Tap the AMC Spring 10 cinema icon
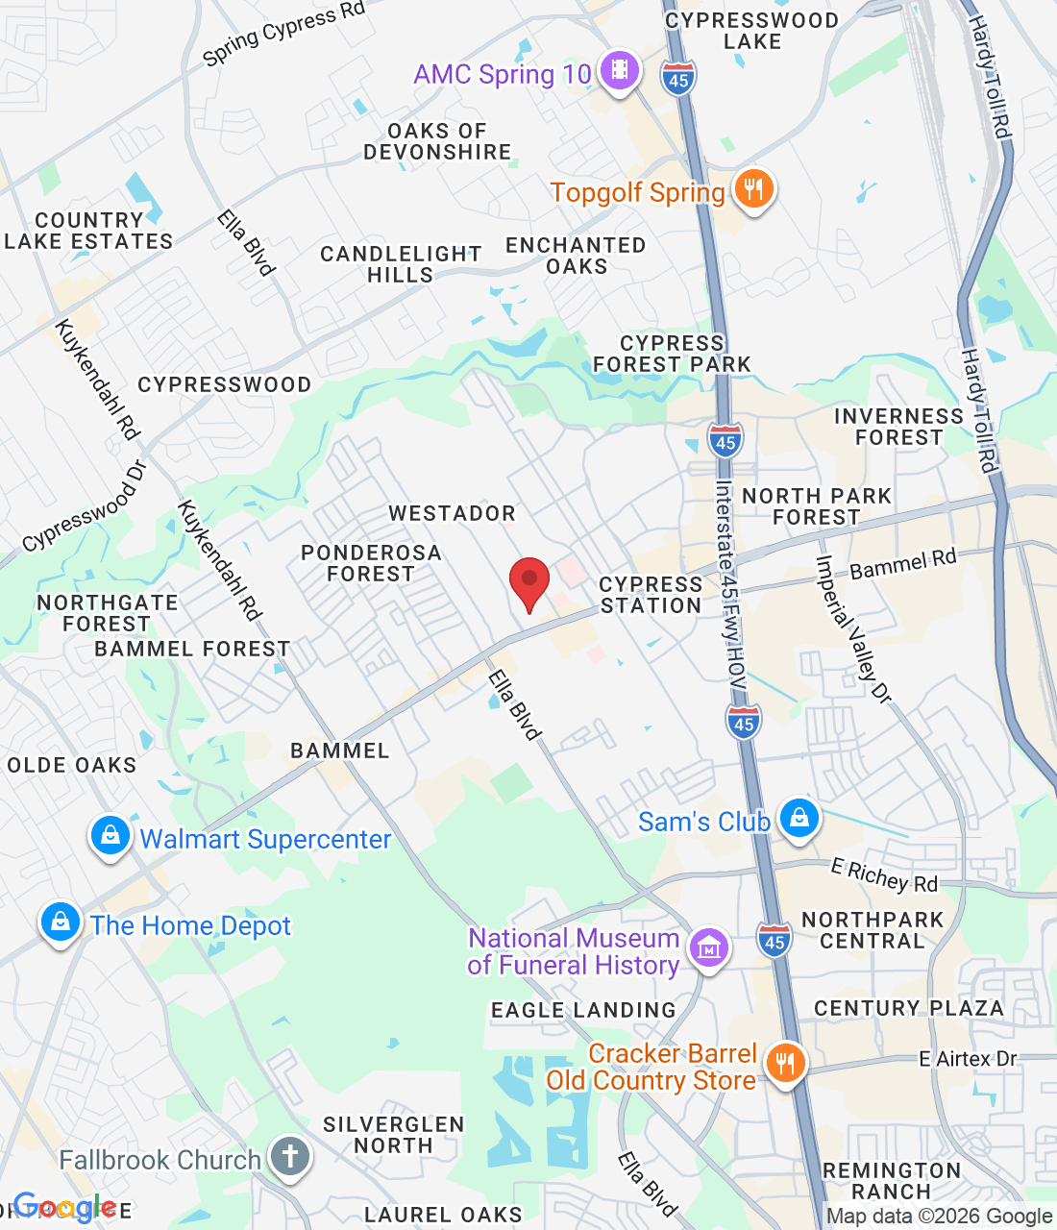tap(620, 70)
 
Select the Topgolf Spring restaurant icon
tap(753, 189)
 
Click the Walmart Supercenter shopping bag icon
tap(111, 836)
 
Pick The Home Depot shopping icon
tap(60, 922)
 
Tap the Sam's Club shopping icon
tap(799, 819)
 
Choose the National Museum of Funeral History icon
tap(709, 948)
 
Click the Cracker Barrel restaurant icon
tap(785, 1064)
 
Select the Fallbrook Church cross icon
tap(289, 1156)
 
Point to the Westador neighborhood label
tap(453, 513)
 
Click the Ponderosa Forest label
tap(371, 563)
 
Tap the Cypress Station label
tap(651, 595)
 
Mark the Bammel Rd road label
tap(903, 564)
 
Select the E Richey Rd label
tap(884, 875)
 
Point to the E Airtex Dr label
tap(968, 1059)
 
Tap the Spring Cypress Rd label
tap(283, 34)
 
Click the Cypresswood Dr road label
tap(85, 505)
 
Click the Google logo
tap(64, 1207)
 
